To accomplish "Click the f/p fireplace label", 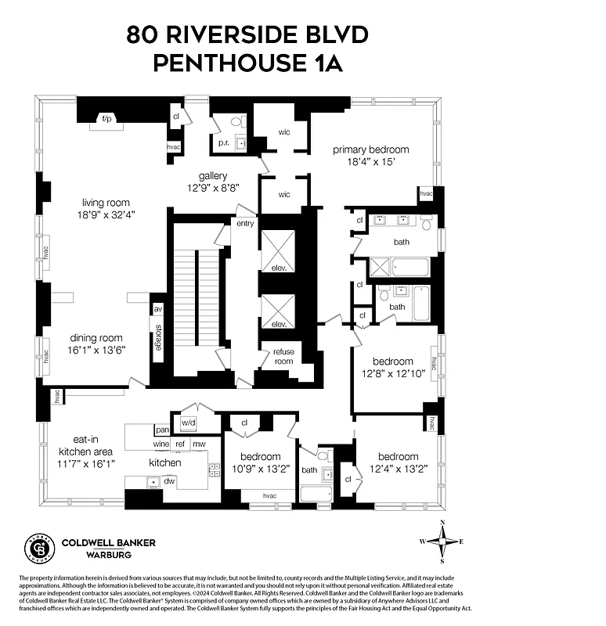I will tap(105, 119).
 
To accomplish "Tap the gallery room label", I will tap(213, 176).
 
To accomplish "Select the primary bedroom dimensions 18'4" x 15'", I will tap(371, 162).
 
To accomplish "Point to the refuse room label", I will tap(283, 357).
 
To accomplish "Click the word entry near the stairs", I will tap(245, 224).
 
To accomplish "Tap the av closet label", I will tap(157, 308).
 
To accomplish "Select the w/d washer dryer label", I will tap(189, 423).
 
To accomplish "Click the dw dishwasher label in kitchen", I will tap(169, 481).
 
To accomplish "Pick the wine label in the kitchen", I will tap(161, 444).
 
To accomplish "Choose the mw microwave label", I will tap(199, 444).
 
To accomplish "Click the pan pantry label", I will tap(162, 430).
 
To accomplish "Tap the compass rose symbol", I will tap(443, 541).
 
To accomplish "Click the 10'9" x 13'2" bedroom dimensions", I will tap(260, 469).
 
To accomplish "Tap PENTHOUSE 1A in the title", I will tap(248, 63).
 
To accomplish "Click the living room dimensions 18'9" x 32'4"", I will tap(105, 214).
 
